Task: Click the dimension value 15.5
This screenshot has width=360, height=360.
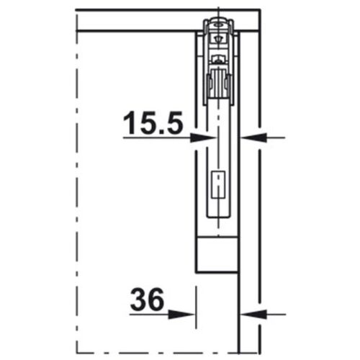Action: (x=153, y=123)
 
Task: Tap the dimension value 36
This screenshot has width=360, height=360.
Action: (x=148, y=300)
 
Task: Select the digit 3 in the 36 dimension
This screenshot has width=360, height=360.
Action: (x=139, y=300)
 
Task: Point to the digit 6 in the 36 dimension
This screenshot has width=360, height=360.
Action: (x=156, y=300)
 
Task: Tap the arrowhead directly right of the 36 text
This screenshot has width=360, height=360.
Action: (x=188, y=313)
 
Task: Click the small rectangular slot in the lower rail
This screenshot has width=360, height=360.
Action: (x=217, y=186)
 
